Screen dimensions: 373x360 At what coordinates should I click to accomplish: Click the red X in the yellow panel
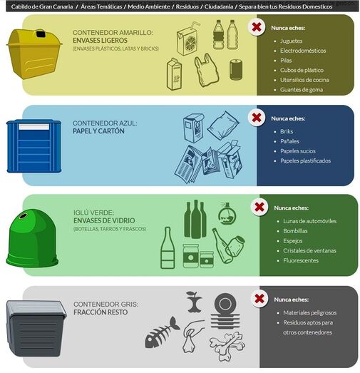click(x=255, y=27)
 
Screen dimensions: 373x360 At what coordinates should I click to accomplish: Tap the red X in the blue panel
click(x=255, y=118)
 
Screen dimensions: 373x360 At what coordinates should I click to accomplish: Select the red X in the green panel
click(x=259, y=207)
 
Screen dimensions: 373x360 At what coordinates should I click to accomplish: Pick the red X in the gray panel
click(x=259, y=298)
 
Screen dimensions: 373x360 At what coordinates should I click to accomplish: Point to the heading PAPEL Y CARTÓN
click(x=99, y=131)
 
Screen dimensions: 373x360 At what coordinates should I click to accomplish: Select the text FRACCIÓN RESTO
click(x=99, y=312)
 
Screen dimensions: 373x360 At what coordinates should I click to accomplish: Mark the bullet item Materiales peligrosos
click(x=310, y=312)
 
